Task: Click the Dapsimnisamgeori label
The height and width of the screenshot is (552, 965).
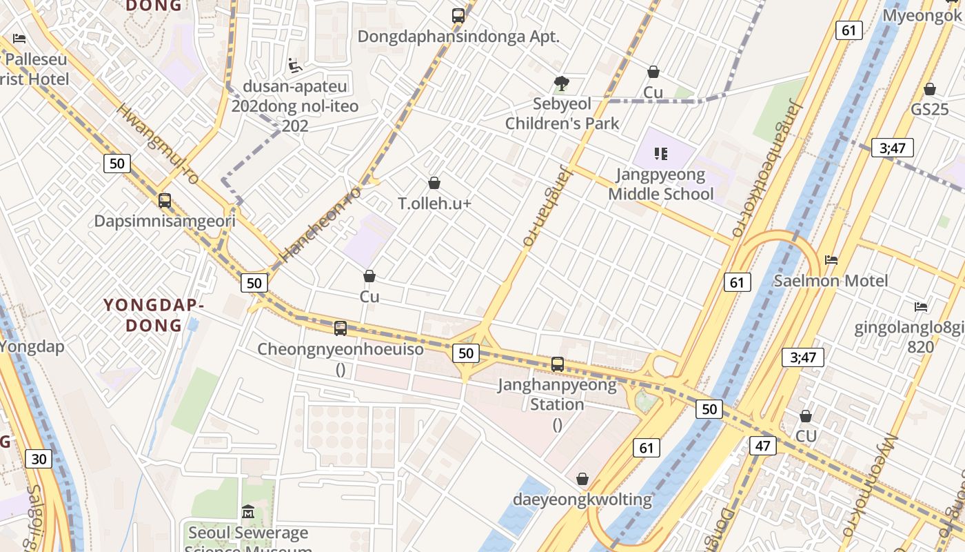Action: pos(165,221)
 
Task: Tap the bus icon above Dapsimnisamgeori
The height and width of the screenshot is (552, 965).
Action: pos(165,201)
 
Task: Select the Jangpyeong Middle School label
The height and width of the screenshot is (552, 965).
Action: pos(660,184)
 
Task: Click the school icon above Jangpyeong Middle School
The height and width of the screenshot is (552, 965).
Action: pos(661,153)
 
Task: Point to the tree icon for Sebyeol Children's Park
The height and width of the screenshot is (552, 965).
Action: pos(562,83)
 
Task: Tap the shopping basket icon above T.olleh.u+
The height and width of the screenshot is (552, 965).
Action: pos(434,183)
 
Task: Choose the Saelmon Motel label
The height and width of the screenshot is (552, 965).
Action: pos(831,281)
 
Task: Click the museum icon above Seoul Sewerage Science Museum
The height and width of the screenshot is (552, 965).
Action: pos(248,512)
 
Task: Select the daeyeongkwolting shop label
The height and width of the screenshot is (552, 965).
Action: pos(582,499)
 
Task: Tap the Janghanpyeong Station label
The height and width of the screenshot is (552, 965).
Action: pos(557,394)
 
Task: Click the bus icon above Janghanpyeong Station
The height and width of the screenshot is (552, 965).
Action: pos(558,364)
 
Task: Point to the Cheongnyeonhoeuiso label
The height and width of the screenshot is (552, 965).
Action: pos(341,349)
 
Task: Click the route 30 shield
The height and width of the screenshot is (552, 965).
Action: pos(39,459)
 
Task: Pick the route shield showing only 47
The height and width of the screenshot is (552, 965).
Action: pos(762,446)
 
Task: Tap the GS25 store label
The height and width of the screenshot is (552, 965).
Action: pos(930,109)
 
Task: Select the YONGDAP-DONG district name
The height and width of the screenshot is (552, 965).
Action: pos(153,315)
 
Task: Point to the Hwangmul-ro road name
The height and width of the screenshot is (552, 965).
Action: pos(158,144)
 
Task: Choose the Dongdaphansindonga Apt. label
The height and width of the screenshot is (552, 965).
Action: pos(458,37)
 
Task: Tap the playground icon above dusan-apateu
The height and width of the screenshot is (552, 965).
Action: pos(295,66)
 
